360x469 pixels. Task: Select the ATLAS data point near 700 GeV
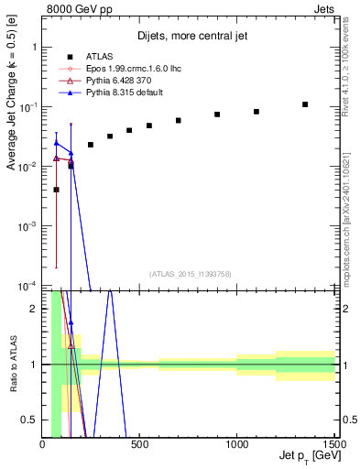coord(179,120)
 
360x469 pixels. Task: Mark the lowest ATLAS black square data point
coord(57,190)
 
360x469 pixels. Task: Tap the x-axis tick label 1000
coord(236,446)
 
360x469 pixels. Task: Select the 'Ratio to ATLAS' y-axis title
coord(13,365)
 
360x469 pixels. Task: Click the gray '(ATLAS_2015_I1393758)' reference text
coord(189,274)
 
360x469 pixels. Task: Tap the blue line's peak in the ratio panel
coord(110,291)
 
